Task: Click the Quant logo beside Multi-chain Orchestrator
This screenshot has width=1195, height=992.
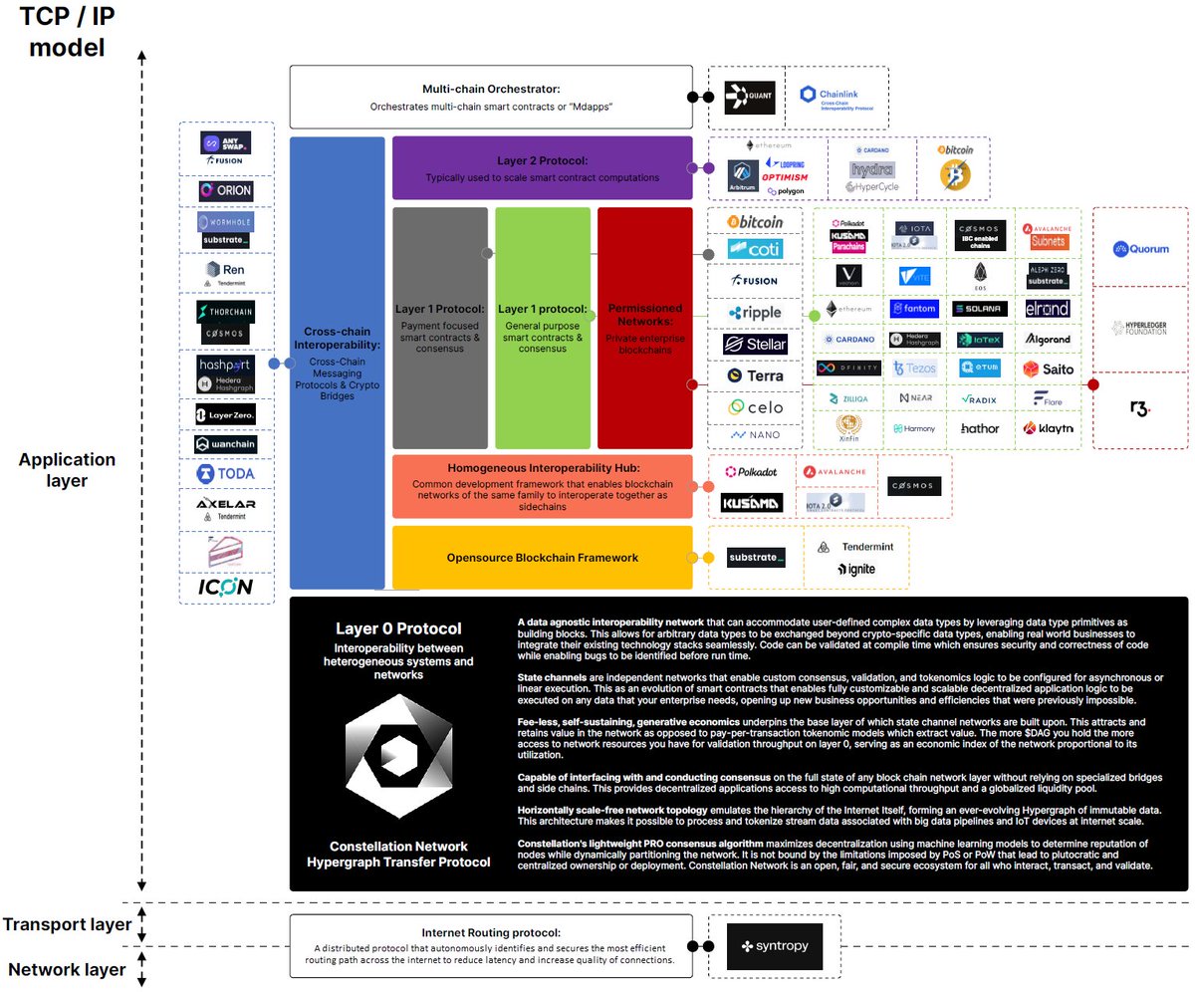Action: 748,98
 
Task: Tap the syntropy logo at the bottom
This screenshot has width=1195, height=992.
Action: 775,946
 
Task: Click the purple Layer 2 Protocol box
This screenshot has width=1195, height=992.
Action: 542,167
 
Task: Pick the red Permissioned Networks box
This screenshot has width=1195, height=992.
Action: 644,328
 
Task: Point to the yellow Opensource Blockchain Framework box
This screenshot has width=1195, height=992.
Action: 542,557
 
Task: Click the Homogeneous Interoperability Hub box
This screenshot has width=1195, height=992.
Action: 542,486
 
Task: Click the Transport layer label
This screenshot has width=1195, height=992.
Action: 66,924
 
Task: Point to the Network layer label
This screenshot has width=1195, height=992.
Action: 66,969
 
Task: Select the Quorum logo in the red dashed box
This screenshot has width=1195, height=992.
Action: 1141,249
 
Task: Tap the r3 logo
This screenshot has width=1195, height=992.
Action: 1140,409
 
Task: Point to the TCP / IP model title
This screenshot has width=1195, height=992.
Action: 66,30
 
